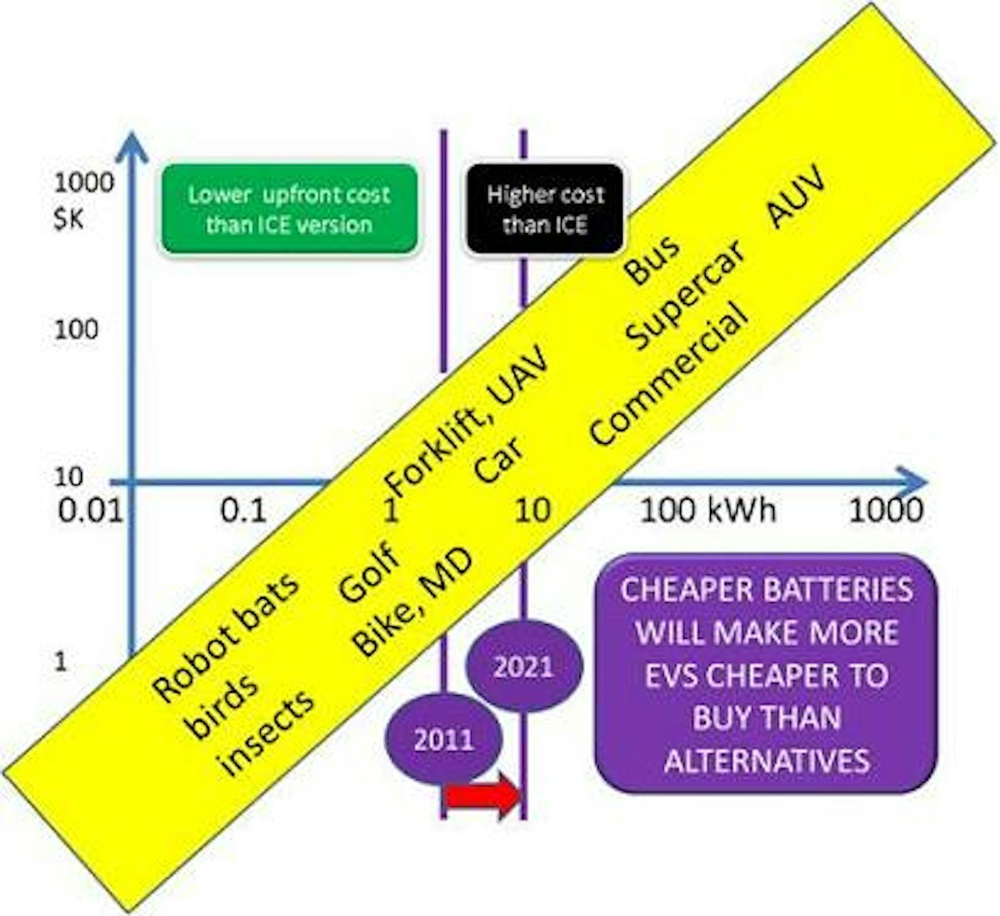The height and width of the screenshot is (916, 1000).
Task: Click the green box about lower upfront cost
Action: pyautogui.click(x=288, y=209)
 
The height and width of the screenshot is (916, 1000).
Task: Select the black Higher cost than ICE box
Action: pyautogui.click(x=545, y=209)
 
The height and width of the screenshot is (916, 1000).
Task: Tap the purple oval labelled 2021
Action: pyautogui.click(x=522, y=666)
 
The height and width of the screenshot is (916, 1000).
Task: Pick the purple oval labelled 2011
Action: pyautogui.click(x=443, y=739)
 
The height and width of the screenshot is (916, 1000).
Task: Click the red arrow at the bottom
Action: pyautogui.click(x=481, y=798)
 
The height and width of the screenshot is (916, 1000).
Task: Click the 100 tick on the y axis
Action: pyautogui.click(x=76, y=330)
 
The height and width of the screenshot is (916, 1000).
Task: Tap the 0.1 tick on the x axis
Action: pyautogui.click(x=243, y=510)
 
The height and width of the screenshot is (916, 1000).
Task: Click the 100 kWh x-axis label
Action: pyautogui.click(x=707, y=510)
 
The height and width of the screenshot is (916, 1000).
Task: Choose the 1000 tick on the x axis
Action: pyautogui.click(x=885, y=510)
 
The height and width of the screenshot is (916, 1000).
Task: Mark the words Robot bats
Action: pyautogui.click(x=225, y=637)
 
